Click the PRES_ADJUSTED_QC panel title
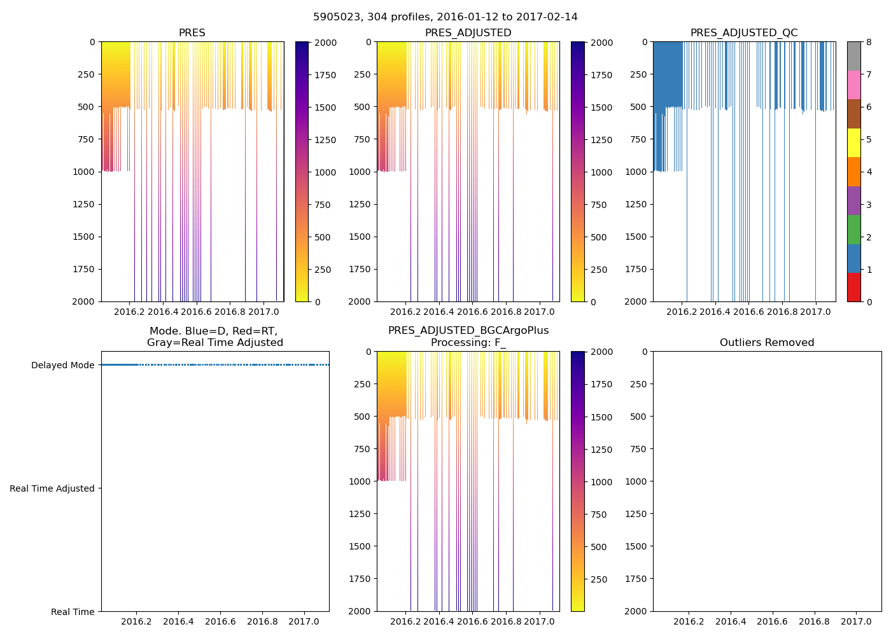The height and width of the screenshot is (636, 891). click(744, 33)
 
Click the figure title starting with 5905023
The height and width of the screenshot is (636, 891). click(445, 17)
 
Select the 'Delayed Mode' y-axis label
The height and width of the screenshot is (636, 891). click(62, 365)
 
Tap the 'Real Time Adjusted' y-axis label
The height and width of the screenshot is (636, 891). click(52, 488)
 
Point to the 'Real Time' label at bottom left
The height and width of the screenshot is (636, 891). click(73, 612)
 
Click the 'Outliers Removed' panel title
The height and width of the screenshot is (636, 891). click(767, 343)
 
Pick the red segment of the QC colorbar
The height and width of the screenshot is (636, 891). click(853, 287)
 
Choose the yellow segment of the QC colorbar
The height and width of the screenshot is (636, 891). click(853, 142)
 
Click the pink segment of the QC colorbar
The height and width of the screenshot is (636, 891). click(853, 85)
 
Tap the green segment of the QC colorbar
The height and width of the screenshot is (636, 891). click(853, 229)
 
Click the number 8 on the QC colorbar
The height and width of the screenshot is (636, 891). click(869, 42)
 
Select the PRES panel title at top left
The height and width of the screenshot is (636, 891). click(192, 33)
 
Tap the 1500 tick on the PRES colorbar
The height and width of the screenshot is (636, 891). click(326, 107)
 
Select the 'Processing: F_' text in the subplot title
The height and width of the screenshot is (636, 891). click(468, 343)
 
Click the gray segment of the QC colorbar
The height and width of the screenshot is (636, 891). click(853, 56)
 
